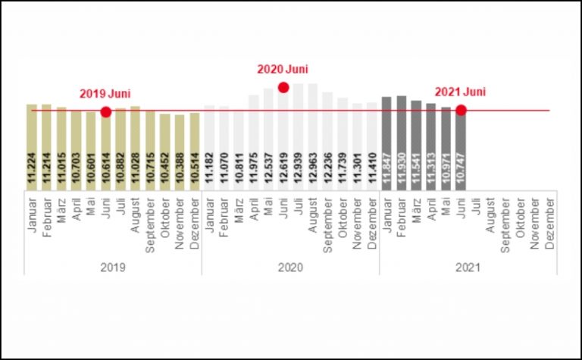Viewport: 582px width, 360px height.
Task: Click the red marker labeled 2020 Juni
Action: (x=283, y=87)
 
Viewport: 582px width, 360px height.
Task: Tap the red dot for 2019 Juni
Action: (x=105, y=112)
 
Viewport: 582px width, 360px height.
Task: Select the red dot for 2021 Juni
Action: (x=461, y=111)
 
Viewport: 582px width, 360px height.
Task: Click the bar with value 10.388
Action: (x=180, y=152)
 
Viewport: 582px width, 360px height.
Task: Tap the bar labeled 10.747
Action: (x=461, y=152)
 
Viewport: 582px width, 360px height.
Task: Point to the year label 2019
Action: (x=112, y=267)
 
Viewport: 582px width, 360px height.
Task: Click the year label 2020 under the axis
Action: (x=290, y=267)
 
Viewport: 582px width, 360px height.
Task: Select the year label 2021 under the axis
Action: (x=468, y=267)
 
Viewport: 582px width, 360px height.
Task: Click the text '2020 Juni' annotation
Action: (x=283, y=69)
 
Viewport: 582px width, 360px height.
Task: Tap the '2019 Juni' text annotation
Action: (x=105, y=94)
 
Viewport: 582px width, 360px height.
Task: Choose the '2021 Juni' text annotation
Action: (x=460, y=92)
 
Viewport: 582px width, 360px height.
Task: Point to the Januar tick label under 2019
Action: (x=31, y=217)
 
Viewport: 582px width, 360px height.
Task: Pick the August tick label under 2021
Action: (x=490, y=217)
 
